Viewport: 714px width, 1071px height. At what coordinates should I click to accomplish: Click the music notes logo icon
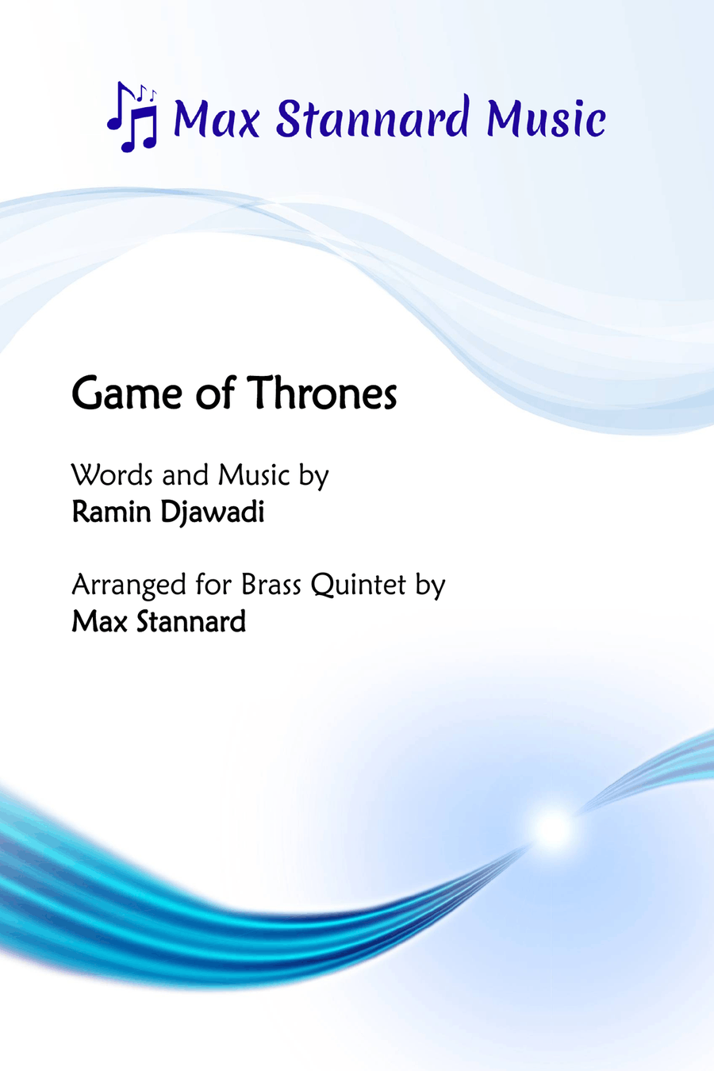132,117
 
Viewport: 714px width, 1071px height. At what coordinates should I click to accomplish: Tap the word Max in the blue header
217,117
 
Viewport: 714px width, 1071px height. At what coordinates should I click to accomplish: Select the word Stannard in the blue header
372,116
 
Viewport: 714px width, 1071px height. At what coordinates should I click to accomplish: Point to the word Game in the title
127,393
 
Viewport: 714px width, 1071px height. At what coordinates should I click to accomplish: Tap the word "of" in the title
216,393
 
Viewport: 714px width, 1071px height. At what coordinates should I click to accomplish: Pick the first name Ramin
112,512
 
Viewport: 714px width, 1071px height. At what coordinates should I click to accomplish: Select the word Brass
271,584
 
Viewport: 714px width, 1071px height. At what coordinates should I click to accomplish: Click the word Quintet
359,585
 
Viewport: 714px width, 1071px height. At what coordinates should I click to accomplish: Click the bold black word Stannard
191,621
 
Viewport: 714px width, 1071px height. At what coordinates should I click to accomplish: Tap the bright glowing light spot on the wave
552,830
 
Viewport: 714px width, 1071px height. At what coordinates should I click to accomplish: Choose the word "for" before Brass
214,584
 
